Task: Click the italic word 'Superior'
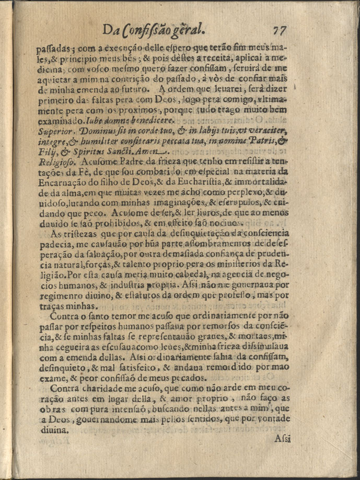point(55,129)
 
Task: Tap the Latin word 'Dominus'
point(98,129)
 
